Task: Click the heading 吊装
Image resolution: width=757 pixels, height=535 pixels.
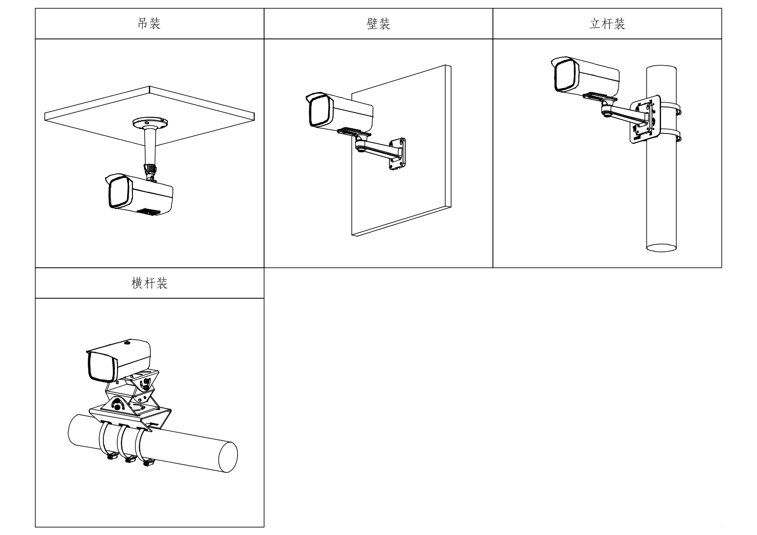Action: pos(149,23)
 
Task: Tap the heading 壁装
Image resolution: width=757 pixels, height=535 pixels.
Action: pos(378,23)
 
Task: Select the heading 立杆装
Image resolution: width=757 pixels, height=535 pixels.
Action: pos(607,23)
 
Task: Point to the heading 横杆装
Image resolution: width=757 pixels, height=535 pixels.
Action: pos(149,283)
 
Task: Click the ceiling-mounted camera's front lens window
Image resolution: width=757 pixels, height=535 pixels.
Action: pos(117,192)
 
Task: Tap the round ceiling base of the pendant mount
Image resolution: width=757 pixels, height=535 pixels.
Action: pos(150,122)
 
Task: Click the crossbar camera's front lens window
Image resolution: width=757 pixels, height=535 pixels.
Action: pos(98,366)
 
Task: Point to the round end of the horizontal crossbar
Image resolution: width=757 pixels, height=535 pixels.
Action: pos(227,457)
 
